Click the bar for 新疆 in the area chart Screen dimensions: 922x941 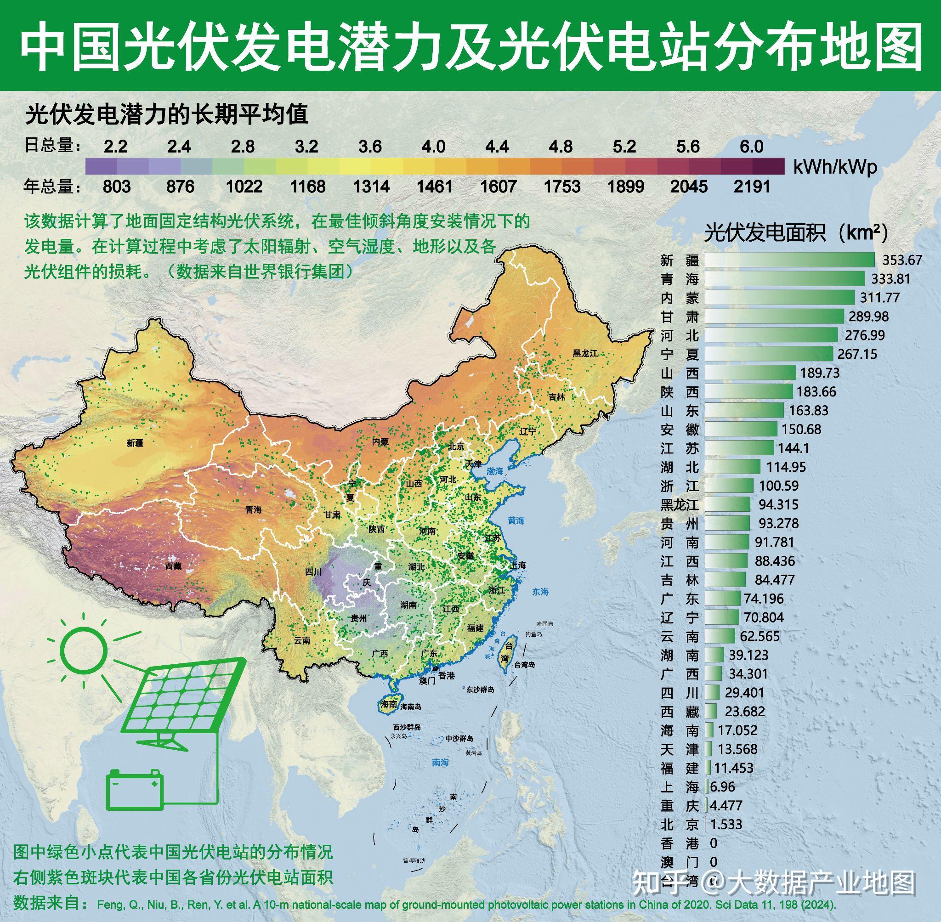(x=789, y=260)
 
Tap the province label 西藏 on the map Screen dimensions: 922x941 (x=173, y=566)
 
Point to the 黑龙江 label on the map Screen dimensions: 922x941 (x=585, y=353)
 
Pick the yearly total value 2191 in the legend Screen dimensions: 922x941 (x=751, y=187)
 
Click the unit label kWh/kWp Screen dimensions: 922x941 (x=835, y=168)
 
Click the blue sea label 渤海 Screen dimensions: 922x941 (x=495, y=471)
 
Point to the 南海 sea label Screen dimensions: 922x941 (x=440, y=763)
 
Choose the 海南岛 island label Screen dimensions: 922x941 (x=411, y=707)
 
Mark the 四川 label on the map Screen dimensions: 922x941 (x=313, y=572)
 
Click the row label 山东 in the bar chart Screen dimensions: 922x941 (x=680, y=411)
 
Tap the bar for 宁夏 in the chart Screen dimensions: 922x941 (x=768, y=354)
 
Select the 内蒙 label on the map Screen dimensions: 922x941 (x=380, y=441)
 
